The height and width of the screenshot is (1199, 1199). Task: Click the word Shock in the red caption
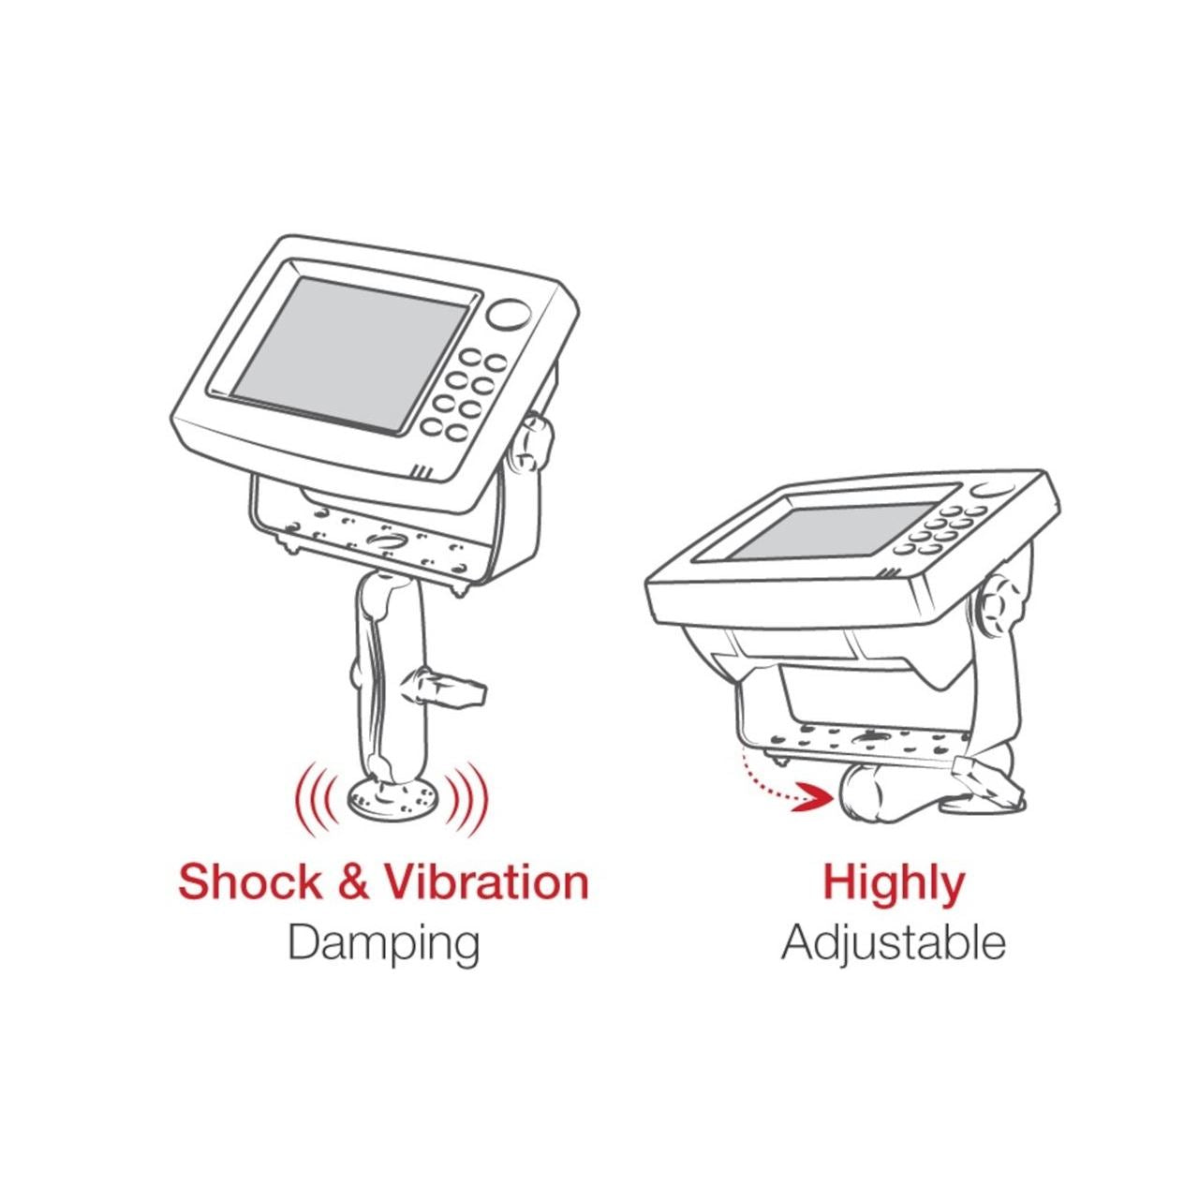tap(250, 882)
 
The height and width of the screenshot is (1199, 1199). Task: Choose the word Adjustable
tap(894, 944)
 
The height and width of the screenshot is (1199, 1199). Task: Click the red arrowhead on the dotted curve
tap(811, 797)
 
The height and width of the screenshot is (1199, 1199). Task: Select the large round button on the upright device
tap(509, 315)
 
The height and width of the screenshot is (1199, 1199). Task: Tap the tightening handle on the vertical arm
tap(442, 687)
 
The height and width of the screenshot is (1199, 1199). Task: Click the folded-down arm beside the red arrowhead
tap(896, 800)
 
